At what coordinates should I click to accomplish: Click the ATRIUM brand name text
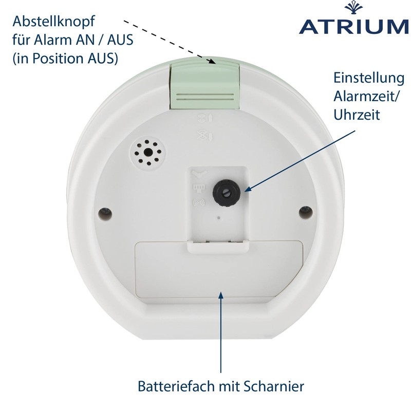click(x=354, y=26)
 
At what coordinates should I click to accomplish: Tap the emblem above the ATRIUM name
click(x=353, y=8)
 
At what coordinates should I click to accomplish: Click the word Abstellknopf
click(x=54, y=21)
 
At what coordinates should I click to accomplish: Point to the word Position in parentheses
click(x=58, y=58)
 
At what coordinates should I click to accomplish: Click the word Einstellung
click(x=369, y=78)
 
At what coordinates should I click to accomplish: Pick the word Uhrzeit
click(x=357, y=115)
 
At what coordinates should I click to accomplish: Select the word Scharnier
click(x=274, y=386)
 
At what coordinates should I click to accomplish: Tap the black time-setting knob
click(x=227, y=193)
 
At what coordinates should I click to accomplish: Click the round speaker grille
click(x=148, y=153)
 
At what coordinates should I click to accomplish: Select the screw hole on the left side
click(x=105, y=214)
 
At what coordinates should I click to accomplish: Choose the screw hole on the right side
click(x=306, y=212)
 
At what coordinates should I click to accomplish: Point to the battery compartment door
click(x=219, y=270)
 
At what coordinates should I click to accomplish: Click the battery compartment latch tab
click(x=217, y=247)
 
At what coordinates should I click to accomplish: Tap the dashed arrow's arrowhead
click(x=212, y=61)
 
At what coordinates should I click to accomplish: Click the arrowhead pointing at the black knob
click(x=248, y=189)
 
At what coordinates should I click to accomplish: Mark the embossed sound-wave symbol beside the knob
click(x=199, y=202)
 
